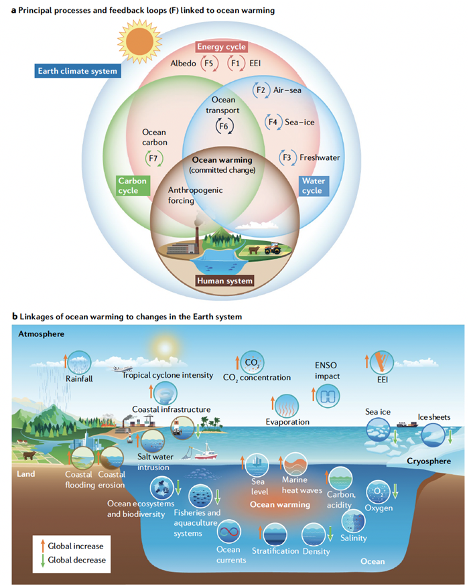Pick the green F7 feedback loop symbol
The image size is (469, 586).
(153, 159)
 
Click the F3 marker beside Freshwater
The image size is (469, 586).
(287, 157)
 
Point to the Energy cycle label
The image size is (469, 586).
(222, 47)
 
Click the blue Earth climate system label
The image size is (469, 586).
(77, 71)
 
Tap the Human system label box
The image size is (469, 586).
(224, 281)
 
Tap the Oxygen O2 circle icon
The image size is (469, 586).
(377, 493)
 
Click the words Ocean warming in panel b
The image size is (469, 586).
(279, 504)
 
